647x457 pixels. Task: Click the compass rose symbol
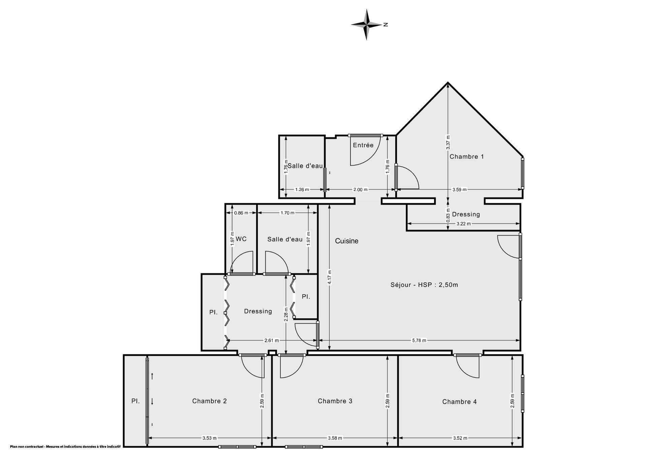367,25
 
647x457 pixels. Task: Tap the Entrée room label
363,145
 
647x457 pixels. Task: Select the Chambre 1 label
466,156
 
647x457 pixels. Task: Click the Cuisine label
346,241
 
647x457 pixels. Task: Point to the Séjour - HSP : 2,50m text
424,285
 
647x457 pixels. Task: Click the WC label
241,239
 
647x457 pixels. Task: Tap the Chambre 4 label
459,401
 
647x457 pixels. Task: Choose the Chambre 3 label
335,401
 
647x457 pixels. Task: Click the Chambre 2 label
209,401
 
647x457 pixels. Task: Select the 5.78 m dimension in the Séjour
419,340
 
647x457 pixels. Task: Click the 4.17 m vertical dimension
330,277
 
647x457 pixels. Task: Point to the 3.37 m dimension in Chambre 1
448,142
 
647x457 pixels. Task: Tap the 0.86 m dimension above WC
241,213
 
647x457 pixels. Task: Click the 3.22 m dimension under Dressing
463,223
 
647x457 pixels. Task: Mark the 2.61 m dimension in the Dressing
271,340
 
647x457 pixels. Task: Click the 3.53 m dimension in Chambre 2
209,438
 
